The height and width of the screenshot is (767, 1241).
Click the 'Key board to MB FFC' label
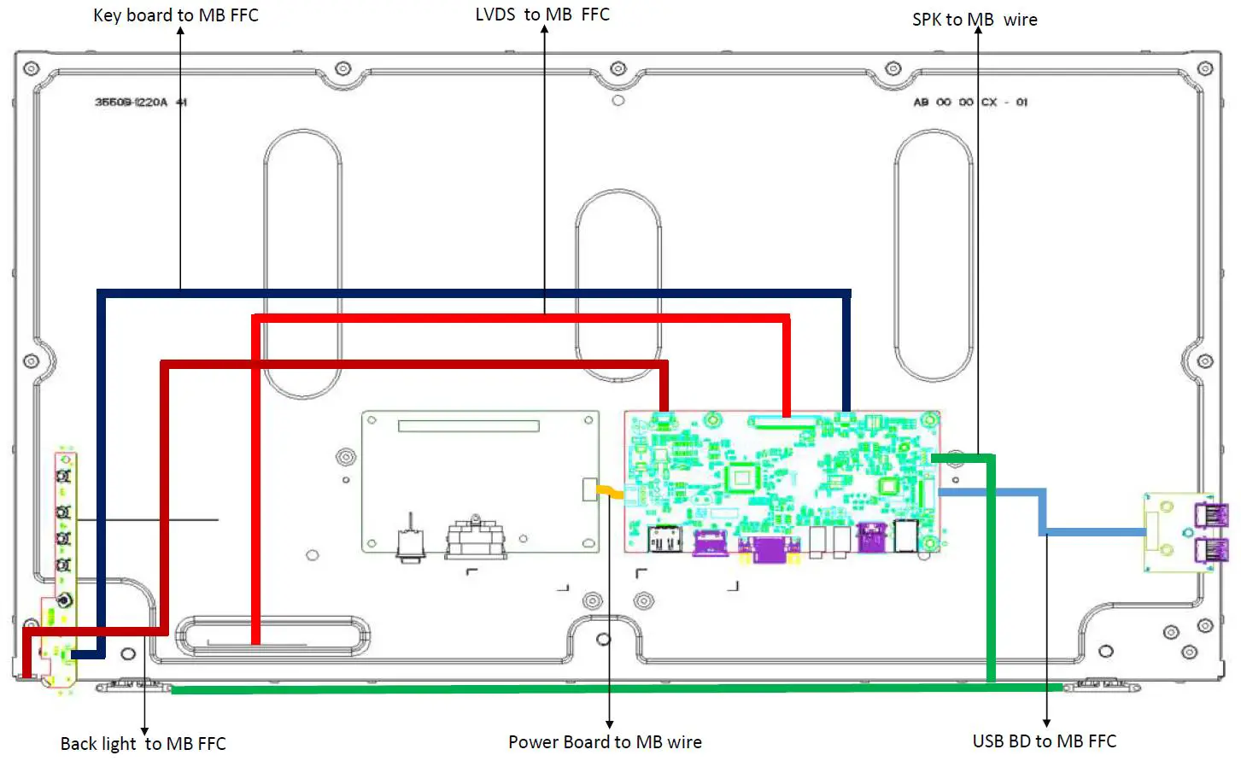175,15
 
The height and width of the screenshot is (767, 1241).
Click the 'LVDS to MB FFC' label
542,15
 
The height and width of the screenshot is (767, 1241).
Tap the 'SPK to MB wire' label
975,20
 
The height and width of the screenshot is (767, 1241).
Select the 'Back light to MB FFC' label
143,743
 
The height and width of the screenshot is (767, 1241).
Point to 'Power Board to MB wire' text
605,741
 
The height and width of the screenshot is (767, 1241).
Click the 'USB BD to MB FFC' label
1044,741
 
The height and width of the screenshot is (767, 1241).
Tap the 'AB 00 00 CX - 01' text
970,102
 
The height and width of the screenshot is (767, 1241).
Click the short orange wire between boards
610,491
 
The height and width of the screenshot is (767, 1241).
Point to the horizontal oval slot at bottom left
272,635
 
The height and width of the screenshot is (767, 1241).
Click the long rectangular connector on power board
468,425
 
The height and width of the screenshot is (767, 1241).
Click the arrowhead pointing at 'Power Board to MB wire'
609,723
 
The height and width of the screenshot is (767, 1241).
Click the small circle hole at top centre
618,100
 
